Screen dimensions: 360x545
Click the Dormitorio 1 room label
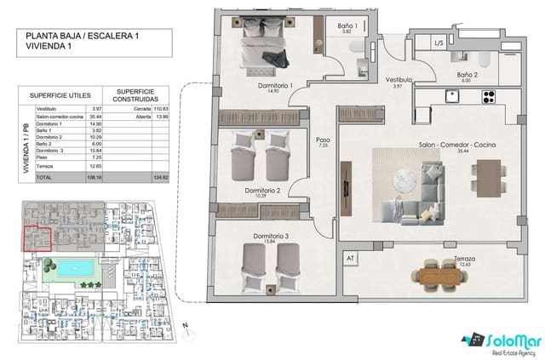tap(275, 86)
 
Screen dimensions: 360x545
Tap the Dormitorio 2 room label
tap(262, 191)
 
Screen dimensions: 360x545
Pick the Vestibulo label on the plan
tap(398, 79)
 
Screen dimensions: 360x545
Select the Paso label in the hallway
tap(323, 140)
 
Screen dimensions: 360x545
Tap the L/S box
tap(439, 43)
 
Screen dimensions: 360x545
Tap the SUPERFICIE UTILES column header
tap(60, 95)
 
